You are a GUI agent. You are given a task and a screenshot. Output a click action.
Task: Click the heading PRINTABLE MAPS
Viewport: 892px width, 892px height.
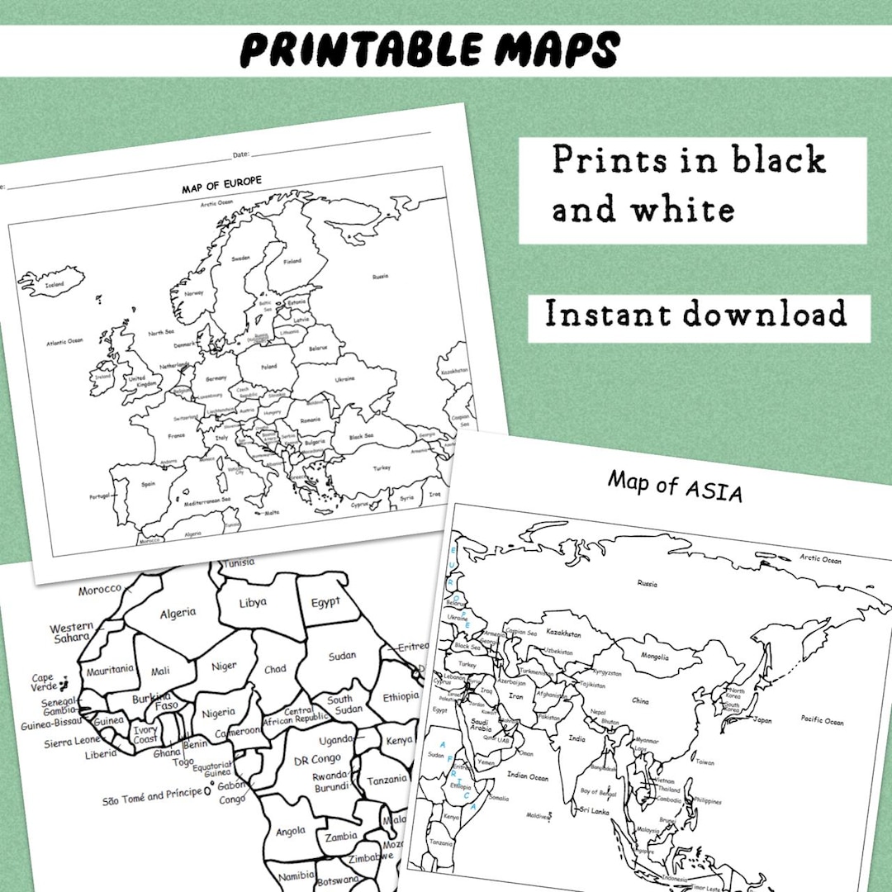(429, 50)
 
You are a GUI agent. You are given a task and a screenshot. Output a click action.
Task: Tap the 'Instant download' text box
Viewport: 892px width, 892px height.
(696, 315)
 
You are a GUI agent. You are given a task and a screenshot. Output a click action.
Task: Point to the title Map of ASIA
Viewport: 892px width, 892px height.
(676, 485)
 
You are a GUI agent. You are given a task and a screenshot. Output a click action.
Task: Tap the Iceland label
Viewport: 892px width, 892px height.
(55, 284)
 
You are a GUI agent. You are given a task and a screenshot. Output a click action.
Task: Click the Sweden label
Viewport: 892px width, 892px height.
(240, 258)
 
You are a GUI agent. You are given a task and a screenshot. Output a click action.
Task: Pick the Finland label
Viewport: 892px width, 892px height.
(293, 261)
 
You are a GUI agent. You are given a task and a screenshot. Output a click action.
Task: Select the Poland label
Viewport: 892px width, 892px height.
(268, 366)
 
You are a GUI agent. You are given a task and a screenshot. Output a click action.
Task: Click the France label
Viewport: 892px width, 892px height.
(176, 435)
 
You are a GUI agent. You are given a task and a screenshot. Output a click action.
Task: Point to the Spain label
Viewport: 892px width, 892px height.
(149, 484)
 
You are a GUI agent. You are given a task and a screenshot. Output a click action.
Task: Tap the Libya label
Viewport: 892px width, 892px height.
(253, 603)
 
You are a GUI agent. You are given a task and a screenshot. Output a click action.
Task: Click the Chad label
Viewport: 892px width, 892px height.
(275, 670)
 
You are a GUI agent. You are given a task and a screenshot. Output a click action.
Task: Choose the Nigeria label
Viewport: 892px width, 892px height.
(219, 713)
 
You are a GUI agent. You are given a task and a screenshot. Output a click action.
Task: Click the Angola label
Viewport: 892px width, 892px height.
(291, 832)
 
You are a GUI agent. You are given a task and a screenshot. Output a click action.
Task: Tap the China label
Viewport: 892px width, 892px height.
(640, 701)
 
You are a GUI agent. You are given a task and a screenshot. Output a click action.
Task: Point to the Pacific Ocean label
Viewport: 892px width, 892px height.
(823, 721)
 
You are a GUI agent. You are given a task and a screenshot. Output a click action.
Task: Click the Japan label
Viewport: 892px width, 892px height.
(762, 719)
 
